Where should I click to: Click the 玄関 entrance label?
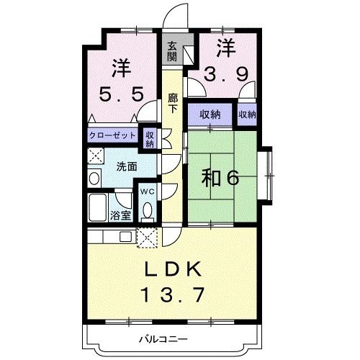tap(173, 51)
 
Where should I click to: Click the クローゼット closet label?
tap(114, 135)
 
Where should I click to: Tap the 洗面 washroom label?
tap(127, 166)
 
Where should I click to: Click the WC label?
tap(146, 191)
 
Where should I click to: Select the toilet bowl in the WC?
tap(148, 210)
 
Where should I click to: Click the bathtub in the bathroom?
tap(97, 210)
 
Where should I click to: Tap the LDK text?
tap(175, 270)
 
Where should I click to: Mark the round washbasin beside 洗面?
tap(95, 177)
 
